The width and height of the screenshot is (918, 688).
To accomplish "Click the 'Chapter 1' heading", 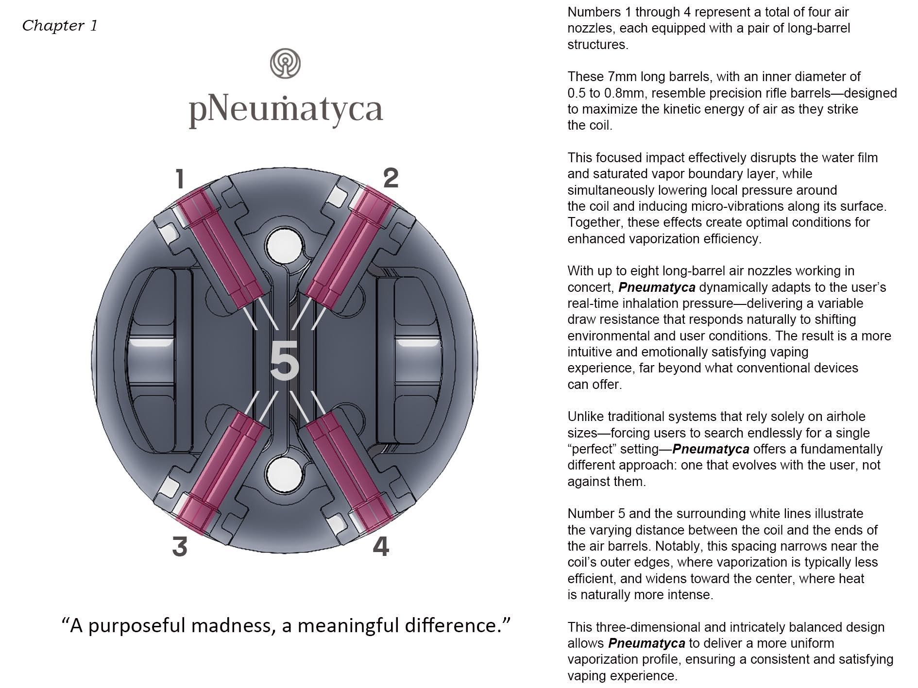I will (60, 25).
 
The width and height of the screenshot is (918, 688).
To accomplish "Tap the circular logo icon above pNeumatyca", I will (285, 63).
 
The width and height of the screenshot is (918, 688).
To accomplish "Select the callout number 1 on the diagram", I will (180, 179).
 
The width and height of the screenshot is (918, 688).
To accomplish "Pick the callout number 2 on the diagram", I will (391, 178).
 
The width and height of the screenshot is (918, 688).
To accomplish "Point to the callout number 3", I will (180, 547).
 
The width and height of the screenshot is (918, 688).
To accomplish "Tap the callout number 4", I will (381, 547).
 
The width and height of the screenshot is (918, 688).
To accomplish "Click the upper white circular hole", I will (285, 246).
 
